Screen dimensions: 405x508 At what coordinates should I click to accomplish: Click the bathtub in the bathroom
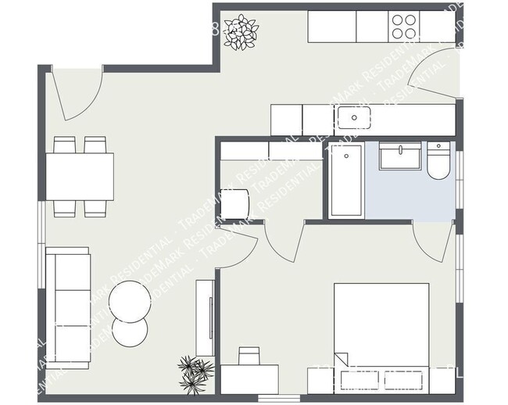(345, 180)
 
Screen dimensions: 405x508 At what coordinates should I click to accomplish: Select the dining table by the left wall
(80, 177)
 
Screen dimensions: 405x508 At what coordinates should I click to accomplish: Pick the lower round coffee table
(130, 332)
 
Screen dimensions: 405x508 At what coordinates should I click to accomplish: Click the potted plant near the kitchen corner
(240, 32)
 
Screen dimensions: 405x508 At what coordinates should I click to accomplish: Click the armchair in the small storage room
(236, 203)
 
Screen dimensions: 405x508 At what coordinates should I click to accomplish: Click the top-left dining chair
(64, 145)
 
